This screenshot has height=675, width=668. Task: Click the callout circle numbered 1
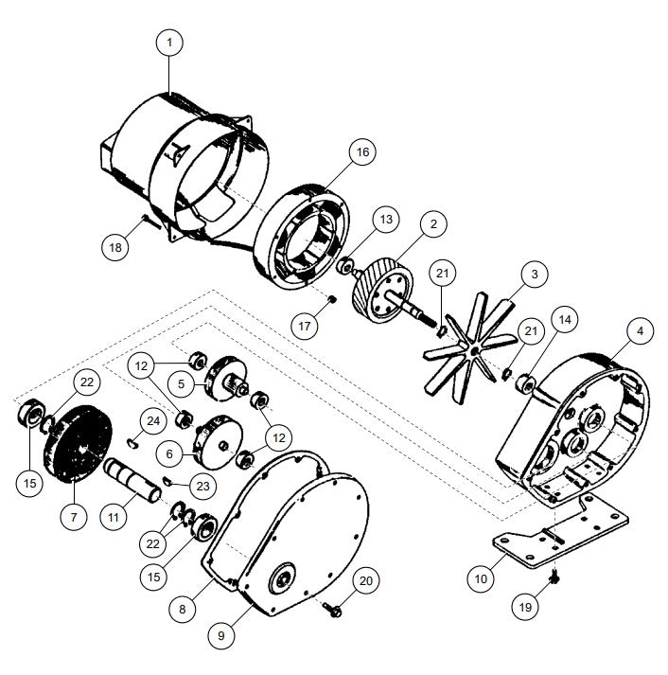coord(169,43)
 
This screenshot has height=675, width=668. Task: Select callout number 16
coord(362,152)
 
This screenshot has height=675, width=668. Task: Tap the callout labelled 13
coord(386,220)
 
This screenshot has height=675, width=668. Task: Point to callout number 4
coord(640,330)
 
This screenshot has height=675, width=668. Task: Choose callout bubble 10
coord(481,579)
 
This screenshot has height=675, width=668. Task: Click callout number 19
coord(525,607)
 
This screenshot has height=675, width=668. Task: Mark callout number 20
coord(365,580)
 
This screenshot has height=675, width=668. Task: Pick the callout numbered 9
coord(221,635)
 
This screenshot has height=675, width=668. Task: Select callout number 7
coord(74,517)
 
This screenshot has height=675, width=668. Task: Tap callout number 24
coord(153,421)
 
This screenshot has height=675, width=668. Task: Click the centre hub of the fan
coord(474,351)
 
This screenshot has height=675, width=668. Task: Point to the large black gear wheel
coord(78,443)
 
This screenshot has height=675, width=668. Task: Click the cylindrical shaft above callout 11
coord(133,481)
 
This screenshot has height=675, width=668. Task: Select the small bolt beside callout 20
coord(332,609)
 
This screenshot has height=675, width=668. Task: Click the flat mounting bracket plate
coord(559,532)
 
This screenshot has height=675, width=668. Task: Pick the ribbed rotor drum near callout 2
coord(382,293)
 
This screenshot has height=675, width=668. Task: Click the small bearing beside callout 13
coord(345,266)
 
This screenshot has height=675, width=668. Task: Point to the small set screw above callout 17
coord(331,299)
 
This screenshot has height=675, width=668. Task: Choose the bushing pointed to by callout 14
coord(526,383)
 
